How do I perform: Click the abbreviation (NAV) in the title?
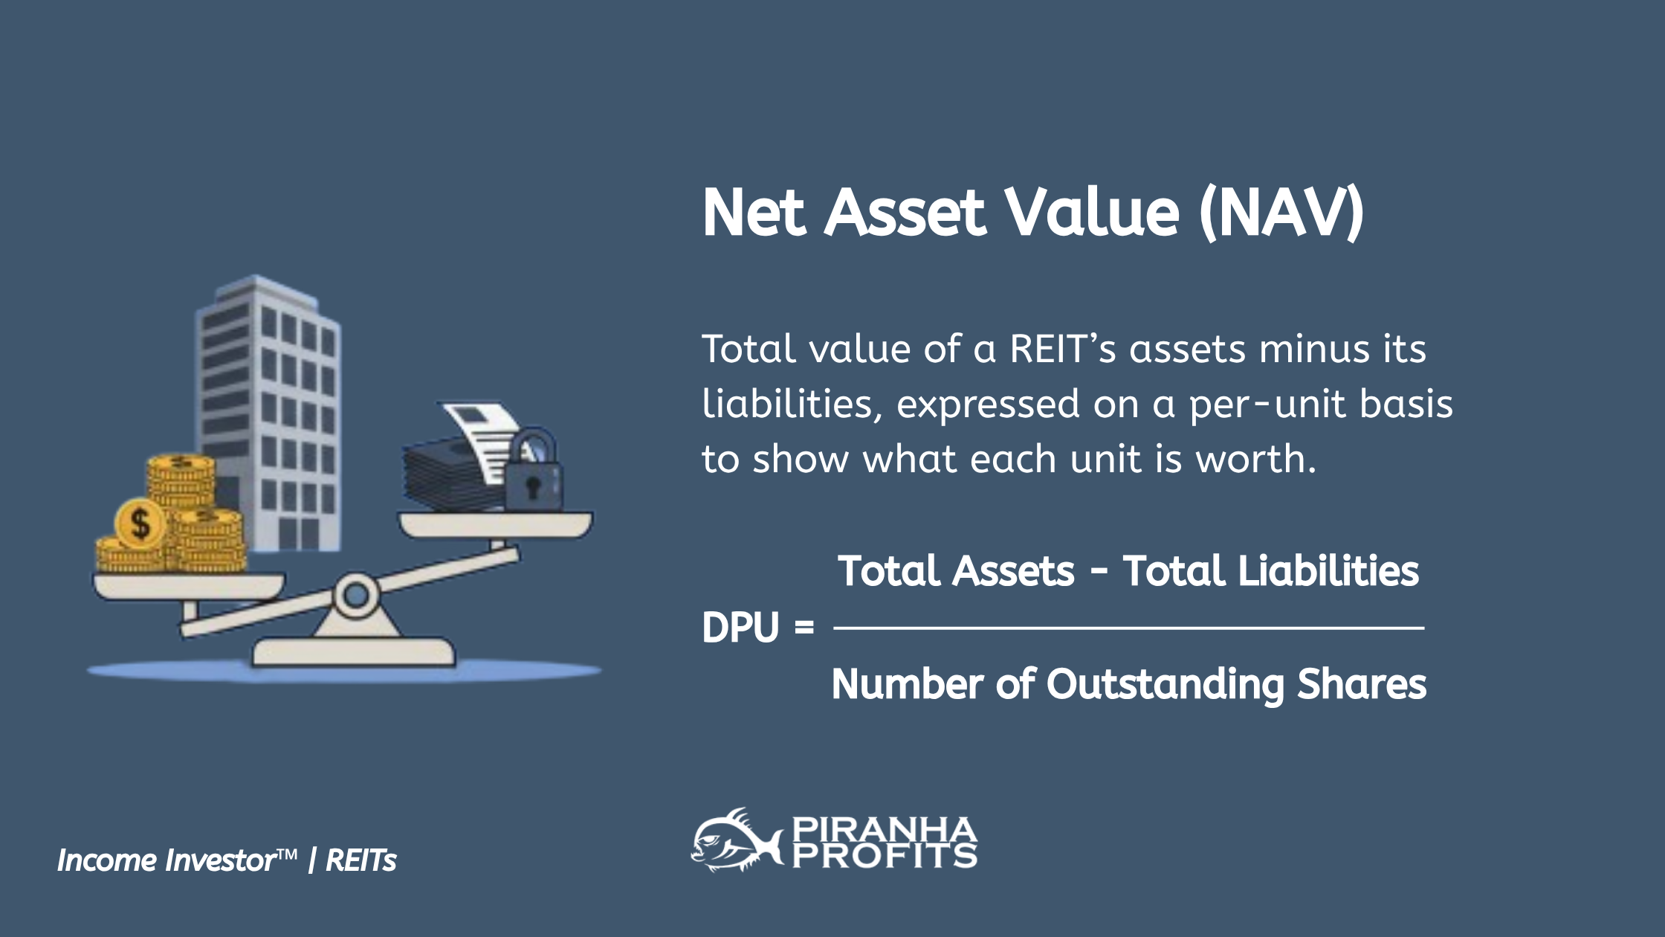click(1281, 213)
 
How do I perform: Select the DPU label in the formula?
click(740, 628)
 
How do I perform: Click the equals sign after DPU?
click(804, 628)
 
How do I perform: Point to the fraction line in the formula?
click(1128, 628)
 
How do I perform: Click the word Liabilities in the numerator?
click(1270, 571)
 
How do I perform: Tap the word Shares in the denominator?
click(1361, 684)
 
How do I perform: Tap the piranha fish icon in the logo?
click(734, 841)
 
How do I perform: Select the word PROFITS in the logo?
click(884, 856)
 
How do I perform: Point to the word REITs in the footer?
click(361, 860)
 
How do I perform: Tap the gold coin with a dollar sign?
click(140, 523)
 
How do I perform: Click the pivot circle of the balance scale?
click(355, 594)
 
